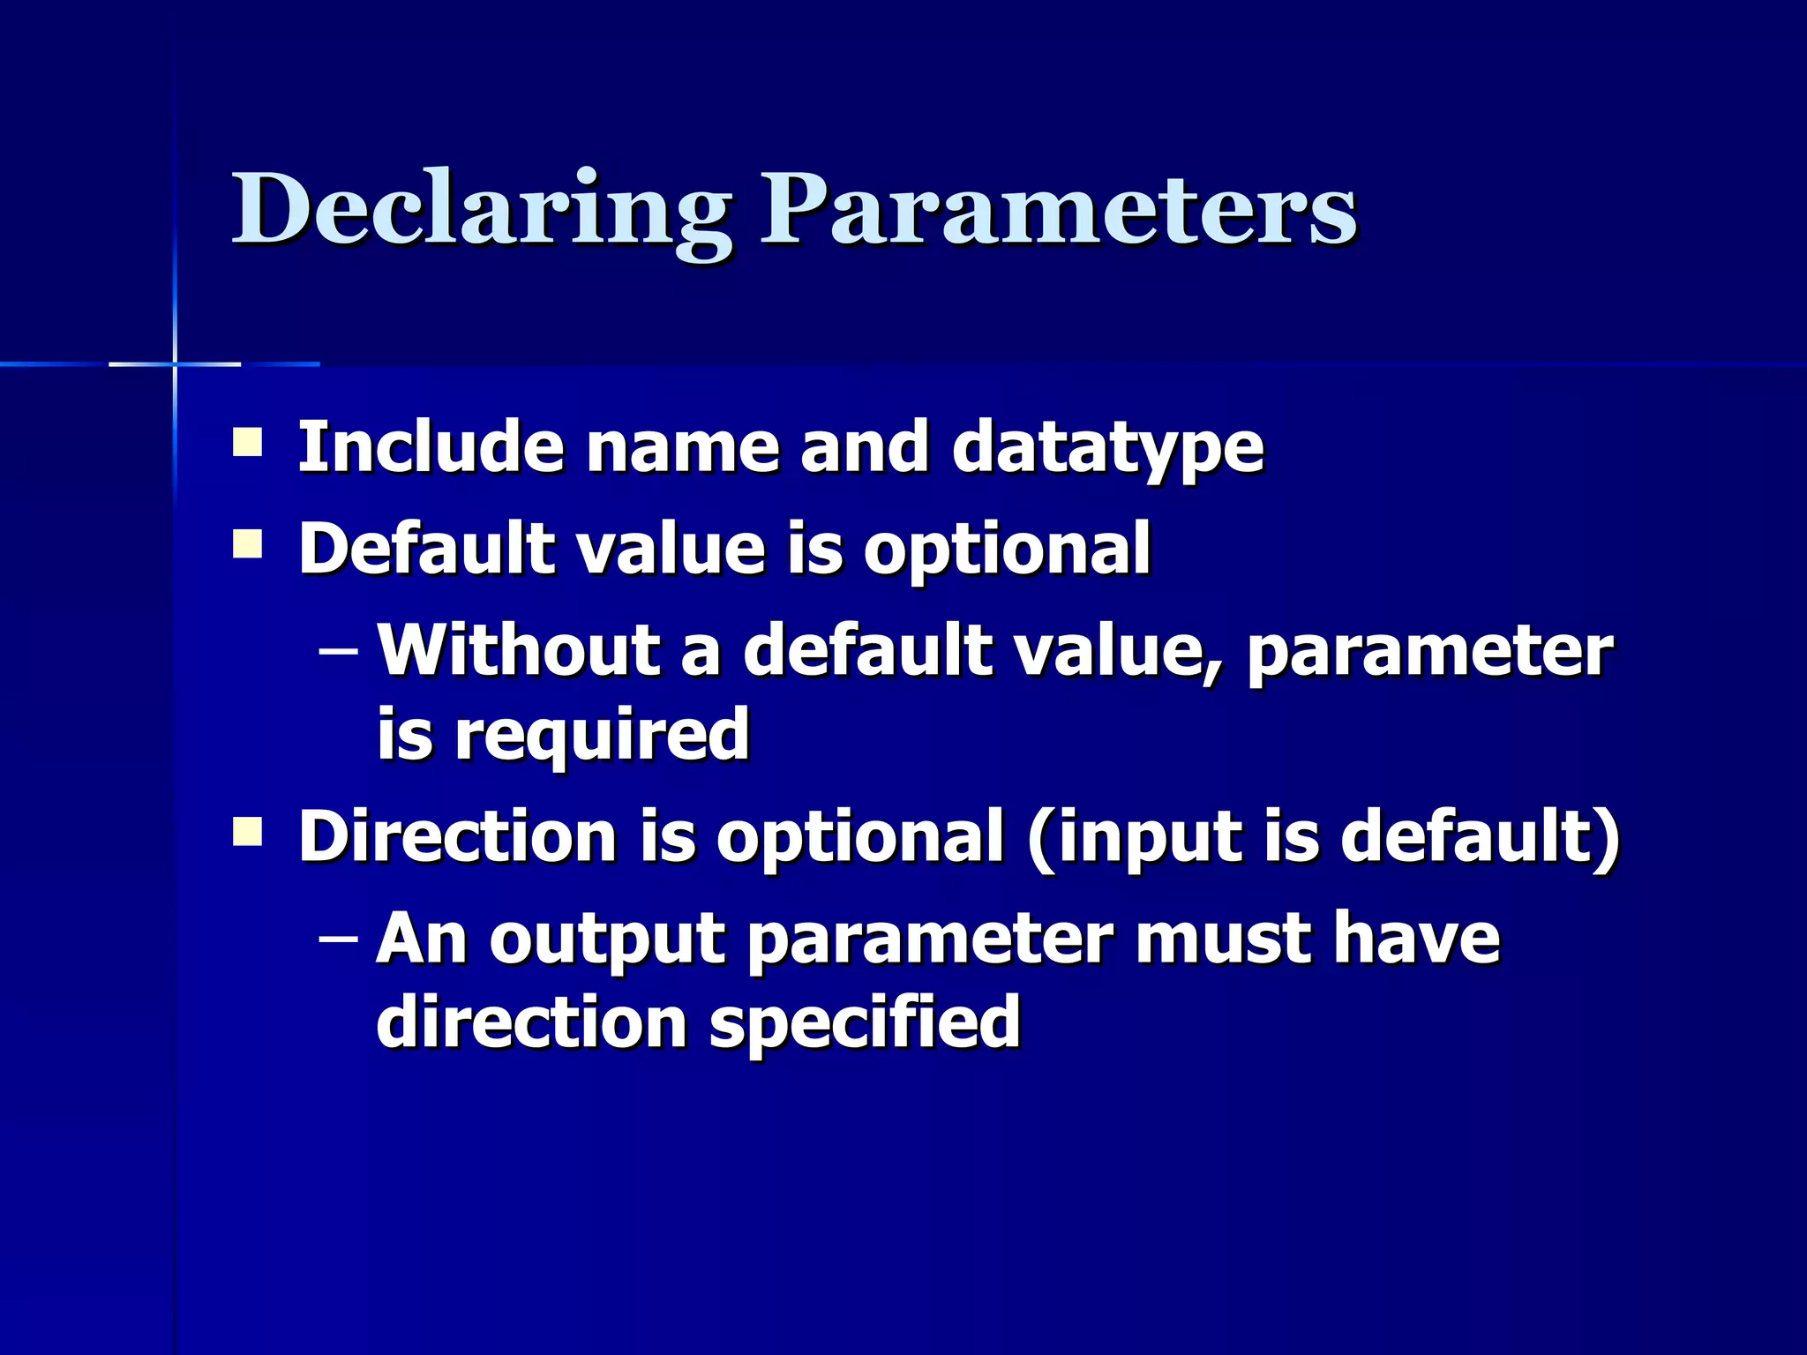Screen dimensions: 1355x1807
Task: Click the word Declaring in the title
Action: point(481,212)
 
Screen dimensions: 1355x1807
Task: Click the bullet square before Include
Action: point(247,442)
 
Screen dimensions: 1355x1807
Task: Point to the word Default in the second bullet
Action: point(427,548)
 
